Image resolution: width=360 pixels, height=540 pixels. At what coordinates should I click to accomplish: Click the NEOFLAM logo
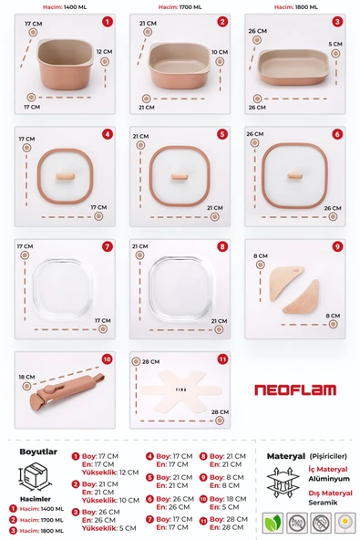tap(296, 389)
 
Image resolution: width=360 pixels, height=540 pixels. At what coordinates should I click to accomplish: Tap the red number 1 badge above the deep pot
tap(107, 21)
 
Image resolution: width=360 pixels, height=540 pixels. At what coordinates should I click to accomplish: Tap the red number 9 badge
tap(336, 246)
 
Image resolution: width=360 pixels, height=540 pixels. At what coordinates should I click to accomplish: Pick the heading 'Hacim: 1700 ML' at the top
tap(179, 6)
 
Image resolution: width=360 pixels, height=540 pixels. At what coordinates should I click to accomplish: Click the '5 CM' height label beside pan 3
tap(335, 43)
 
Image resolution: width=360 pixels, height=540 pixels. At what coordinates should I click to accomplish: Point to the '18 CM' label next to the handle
tap(26, 376)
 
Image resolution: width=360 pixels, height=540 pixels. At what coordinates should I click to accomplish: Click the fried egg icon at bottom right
tap(345, 524)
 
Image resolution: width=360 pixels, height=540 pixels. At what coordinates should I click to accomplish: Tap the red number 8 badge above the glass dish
tap(221, 246)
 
